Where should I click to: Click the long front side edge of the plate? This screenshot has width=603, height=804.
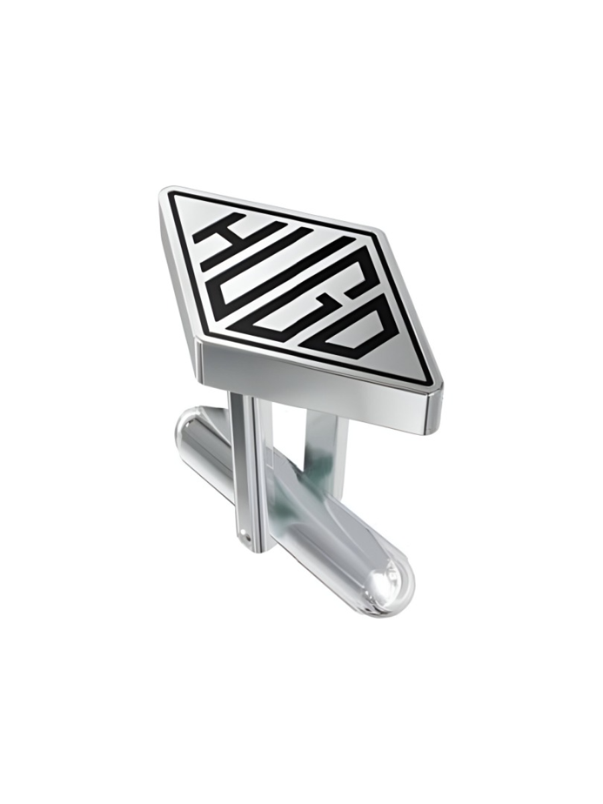[x=315, y=389]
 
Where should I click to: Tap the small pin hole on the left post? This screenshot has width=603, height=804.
[x=249, y=536]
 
